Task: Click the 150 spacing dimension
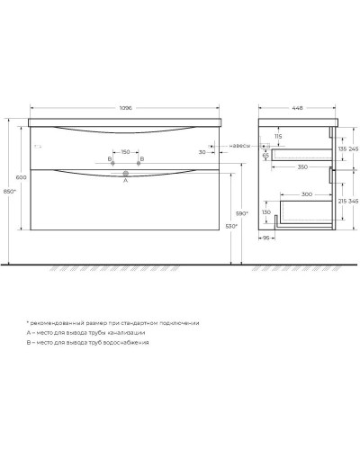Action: (126, 152)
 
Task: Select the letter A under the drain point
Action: (126, 180)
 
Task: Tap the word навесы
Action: (238, 145)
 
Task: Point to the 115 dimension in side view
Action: (279, 137)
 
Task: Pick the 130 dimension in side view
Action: (267, 212)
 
